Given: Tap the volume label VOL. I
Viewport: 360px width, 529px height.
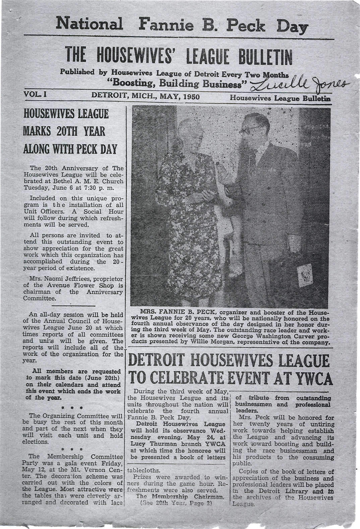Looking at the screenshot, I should [x=35, y=94].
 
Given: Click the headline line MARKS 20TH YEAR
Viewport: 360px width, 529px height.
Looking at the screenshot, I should [x=64, y=131].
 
